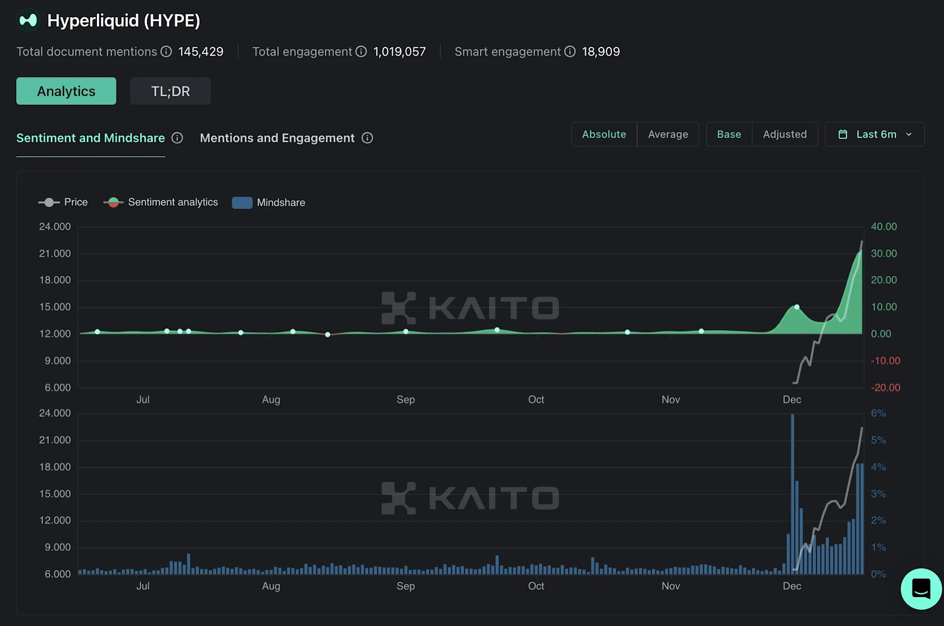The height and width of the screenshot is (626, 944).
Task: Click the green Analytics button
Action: coord(66,91)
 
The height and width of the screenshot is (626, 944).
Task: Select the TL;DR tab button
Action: coord(170,91)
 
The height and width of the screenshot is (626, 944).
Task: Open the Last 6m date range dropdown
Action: coord(875,134)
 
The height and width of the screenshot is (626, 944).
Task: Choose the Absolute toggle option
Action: coord(604,134)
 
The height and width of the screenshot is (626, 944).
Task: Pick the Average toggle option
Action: coord(668,134)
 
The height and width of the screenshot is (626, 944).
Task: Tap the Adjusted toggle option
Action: coord(785,134)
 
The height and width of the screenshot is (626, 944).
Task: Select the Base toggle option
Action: coord(729,134)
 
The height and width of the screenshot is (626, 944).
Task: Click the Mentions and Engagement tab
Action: coord(277,138)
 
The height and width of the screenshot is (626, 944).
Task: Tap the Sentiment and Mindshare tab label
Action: coord(90,138)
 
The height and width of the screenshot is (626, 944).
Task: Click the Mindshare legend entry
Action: coord(269,203)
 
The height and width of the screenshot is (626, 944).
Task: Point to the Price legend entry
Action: coord(63,202)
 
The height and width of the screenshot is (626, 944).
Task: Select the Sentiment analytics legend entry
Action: coord(161,202)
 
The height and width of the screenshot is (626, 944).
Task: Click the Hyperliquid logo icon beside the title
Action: coord(28,21)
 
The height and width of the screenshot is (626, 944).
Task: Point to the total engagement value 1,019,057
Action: coord(399,52)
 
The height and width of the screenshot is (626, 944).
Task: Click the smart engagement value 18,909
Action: coord(601,52)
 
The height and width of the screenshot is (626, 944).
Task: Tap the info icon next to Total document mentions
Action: coord(166,52)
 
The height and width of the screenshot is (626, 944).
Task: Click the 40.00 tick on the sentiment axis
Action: coord(884,227)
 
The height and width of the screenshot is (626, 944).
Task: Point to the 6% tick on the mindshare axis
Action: coord(878,413)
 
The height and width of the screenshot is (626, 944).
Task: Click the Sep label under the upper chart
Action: coord(406,399)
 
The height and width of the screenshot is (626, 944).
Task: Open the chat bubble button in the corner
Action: coord(921,589)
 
